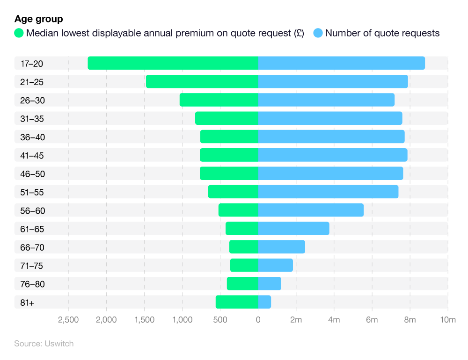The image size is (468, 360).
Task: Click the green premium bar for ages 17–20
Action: coord(173,63)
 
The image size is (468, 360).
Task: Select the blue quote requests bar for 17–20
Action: coord(341,63)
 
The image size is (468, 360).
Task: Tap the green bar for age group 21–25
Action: coord(202,81)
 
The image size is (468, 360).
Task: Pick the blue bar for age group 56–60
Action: coord(311,210)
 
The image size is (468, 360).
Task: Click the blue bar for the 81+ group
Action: coord(264,302)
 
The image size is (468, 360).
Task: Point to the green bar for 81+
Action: coord(237,302)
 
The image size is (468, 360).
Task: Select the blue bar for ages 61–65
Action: coord(293,229)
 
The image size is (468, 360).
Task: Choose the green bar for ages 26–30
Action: coord(219,100)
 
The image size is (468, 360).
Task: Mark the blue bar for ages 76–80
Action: coord(270,284)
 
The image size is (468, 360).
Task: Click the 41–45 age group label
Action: coord(32,156)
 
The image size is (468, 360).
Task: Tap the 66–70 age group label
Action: coord(32,247)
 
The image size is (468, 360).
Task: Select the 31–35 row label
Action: coord(32,119)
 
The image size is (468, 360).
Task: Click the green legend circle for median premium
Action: coord(19,33)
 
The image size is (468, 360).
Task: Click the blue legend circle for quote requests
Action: coord(318,33)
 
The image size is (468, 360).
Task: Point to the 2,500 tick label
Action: coord(68,320)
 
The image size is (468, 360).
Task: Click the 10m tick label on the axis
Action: coord(448,320)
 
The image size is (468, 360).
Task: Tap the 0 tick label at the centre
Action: coord(258,320)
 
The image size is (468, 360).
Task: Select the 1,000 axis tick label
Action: coord(182,320)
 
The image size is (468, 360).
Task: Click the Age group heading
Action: coord(39,19)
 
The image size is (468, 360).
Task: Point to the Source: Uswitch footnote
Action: coord(44,344)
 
